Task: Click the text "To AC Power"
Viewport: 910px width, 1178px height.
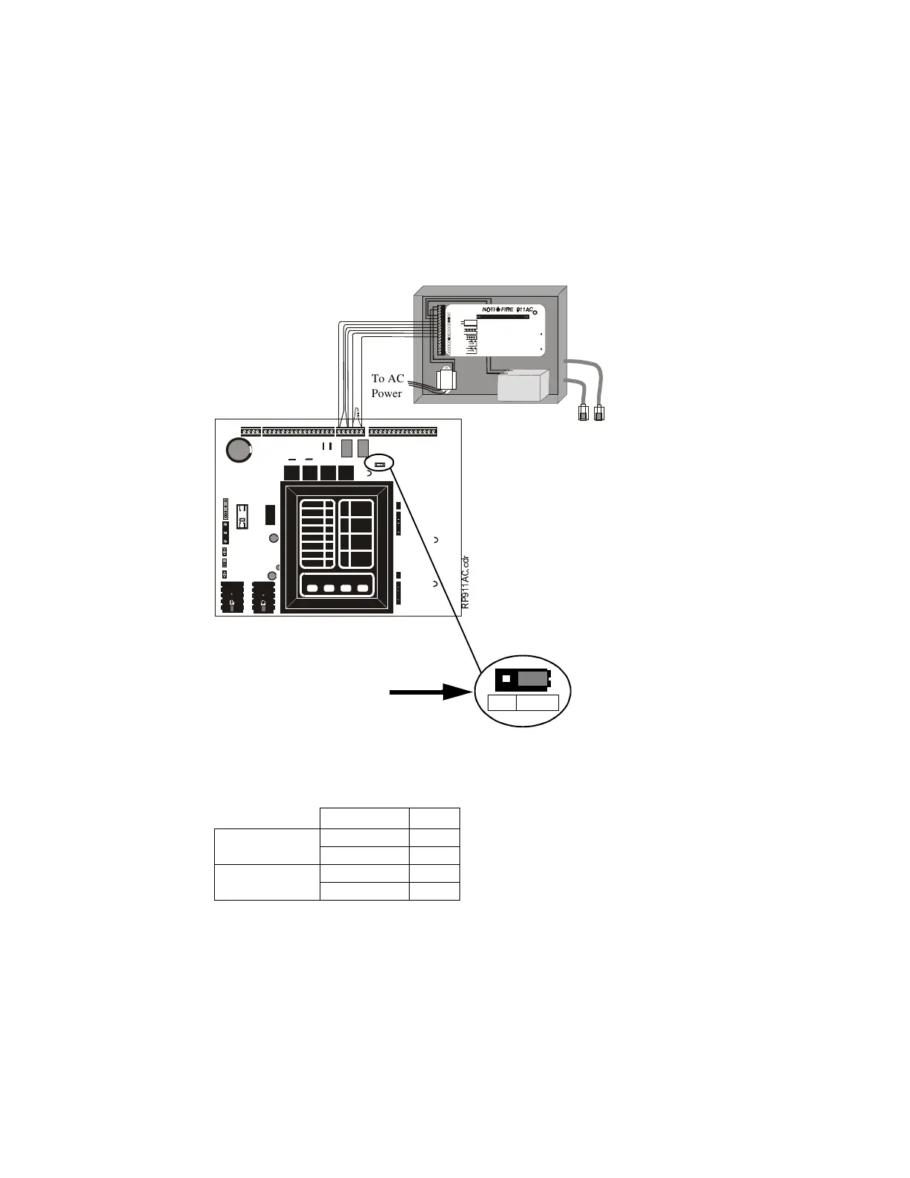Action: [387, 386]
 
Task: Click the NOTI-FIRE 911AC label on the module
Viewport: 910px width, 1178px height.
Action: [509, 309]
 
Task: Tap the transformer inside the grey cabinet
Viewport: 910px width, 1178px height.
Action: [447, 380]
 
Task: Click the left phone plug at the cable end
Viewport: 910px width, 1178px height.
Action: [584, 413]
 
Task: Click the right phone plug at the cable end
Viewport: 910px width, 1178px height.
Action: [599, 413]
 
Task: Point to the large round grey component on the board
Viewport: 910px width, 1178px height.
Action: [239, 449]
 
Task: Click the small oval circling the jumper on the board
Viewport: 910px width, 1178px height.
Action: [379, 463]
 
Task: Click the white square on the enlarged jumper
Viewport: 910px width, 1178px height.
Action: [506, 679]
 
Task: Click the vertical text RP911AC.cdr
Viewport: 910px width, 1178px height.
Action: [465, 583]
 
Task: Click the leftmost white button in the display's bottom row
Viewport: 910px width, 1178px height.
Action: [312, 588]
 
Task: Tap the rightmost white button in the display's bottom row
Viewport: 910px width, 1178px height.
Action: [363, 588]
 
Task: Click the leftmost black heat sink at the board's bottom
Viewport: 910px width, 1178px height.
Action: [233, 597]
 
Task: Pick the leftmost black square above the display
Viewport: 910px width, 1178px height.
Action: [291, 473]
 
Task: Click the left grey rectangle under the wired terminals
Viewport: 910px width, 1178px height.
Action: [346, 448]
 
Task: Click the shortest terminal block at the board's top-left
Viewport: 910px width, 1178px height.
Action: [251, 432]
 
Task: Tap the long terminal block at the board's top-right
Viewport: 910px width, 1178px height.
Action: [403, 432]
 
